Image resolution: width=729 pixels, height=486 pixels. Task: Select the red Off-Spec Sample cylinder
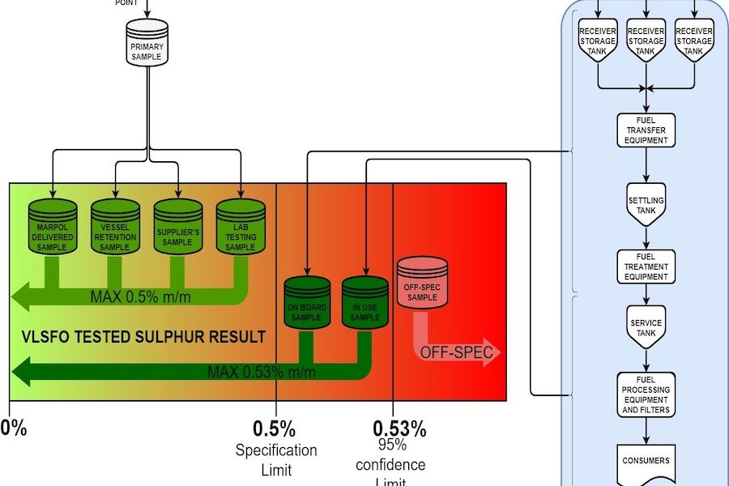point(422,284)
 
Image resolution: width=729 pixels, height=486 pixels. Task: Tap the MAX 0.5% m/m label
point(140,296)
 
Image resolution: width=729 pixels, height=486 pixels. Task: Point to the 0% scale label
point(15,428)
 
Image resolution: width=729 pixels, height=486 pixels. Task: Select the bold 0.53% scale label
point(399,428)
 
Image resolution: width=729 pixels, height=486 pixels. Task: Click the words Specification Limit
point(275,459)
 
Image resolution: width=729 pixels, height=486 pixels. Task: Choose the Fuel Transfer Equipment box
point(646,130)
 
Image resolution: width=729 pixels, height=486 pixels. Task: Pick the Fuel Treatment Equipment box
point(646,266)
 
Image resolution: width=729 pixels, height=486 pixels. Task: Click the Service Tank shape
point(646,327)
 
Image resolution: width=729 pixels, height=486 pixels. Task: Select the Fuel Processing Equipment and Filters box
point(646,394)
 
